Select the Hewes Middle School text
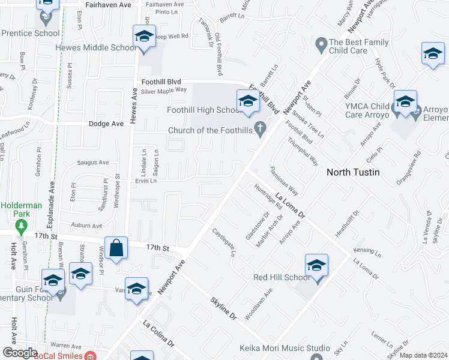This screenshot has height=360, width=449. [x=96, y=48]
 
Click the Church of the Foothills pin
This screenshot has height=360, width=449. [x=260, y=128]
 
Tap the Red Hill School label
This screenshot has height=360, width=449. [x=282, y=277]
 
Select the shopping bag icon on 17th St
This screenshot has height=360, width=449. [x=118, y=247]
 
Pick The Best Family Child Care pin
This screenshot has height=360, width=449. [x=321, y=43]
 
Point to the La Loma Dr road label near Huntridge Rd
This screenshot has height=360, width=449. [x=291, y=204]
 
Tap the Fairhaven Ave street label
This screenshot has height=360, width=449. [x=108, y=4]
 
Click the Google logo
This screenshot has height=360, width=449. [x=20, y=353]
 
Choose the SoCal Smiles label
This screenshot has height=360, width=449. [x=58, y=355]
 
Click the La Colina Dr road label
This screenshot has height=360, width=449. [x=158, y=333]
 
